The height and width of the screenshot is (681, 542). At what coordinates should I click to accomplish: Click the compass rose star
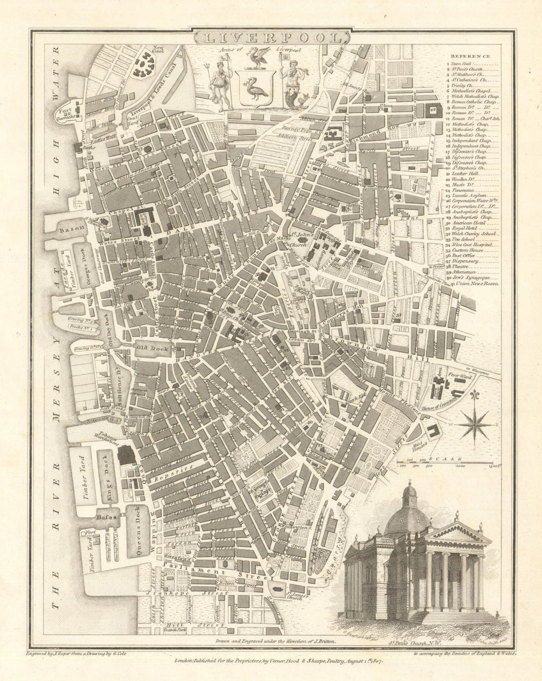click(x=476, y=423)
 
